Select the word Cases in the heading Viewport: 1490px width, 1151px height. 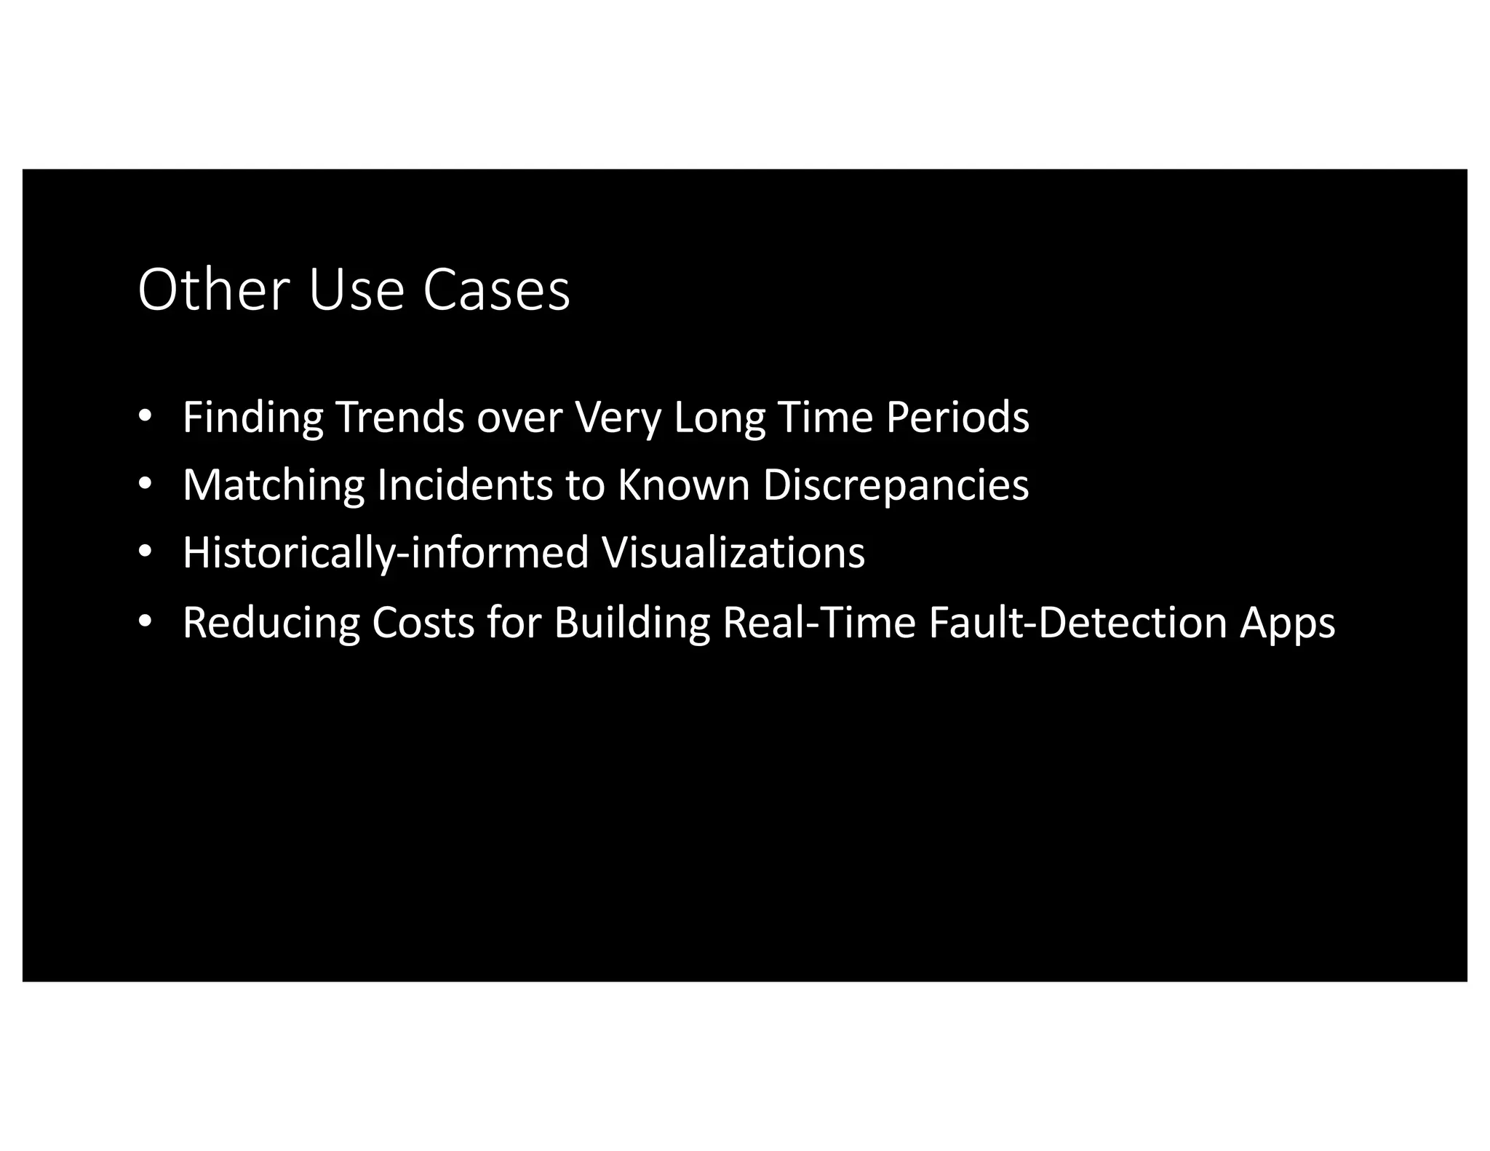click(x=496, y=290)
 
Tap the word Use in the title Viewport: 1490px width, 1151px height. click(x=356, y=290)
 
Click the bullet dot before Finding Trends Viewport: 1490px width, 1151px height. click(x=145, y=416)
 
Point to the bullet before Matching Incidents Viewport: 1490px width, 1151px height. click(x=145, y=484)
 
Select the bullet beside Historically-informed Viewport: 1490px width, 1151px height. click(x=145, y=552)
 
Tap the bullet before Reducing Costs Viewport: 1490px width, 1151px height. click(x=145, y=622)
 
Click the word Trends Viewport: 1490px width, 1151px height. click(x=399, y=418)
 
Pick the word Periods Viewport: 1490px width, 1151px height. click(x=957, y=418)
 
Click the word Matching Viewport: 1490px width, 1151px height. click(x=274, y=485)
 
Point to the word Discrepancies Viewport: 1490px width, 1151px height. click(x=896, y=485)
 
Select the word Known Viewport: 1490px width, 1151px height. click(x=684, y=485)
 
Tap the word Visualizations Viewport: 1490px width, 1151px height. click(x=733, y=553)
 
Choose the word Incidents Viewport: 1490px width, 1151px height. click(x=465, y=485)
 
